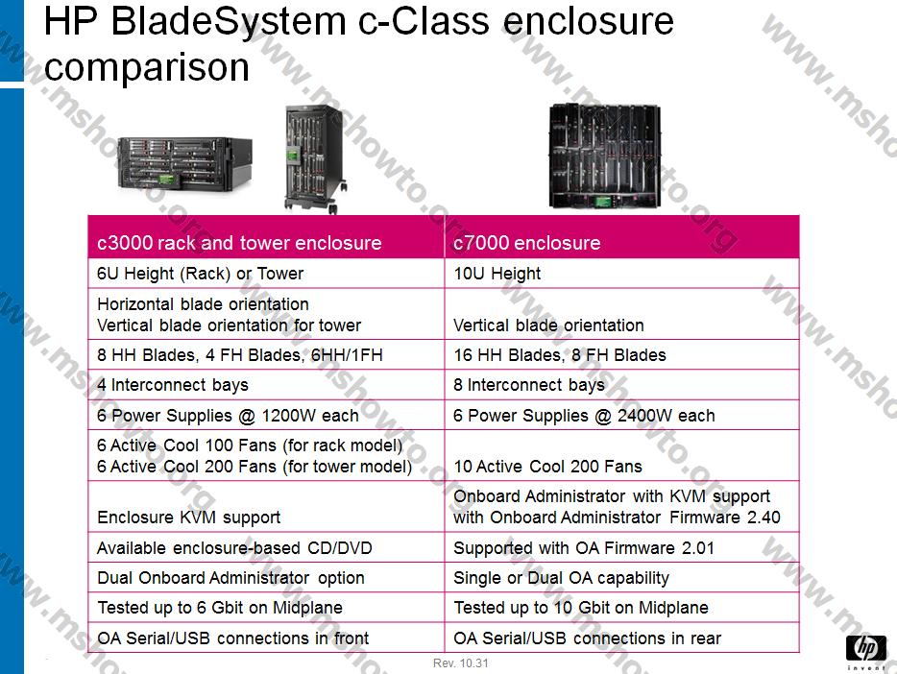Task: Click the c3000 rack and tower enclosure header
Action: pyautogui.click(x=239, y=243)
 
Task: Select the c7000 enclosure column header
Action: pyautogui.click(x=527, y=243)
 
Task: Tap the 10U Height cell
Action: pyautogui.click(x=497, y=274)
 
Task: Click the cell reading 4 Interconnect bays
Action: pyautogui.click(x=173, y=385)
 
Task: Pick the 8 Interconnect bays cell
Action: pyautogui.click(x=529, y=385)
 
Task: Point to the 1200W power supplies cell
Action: pyautogui.click(x=228, y=415)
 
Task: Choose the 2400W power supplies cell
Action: pyautogui.click(x=584, y=415)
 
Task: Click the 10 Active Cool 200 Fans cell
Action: pyautogui.click(x=548, y=466)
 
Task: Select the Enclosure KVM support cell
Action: pyautogui.click(x=189, y=517)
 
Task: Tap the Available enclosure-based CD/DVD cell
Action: pyautogui.click(x=234, y=547)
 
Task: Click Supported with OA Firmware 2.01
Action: pyautogui.click(x=584, y=547)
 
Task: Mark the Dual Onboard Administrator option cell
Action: pyautogui.click(x=230, y=577)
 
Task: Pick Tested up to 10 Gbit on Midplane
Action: pyautogui.click(x=581, y=607)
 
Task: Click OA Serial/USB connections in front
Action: pyautogui.click(x=232, y=638)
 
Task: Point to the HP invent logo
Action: pyautogui.click(x=866, y=651)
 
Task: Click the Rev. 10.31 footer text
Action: pyautogui.click(x=461, y=663)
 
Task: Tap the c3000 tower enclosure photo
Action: pyautogui.click(x=315, y=159)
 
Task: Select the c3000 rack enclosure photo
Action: pyautogui.click(x=184, y=164)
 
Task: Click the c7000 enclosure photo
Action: pyautogui.click(x=605, y=156)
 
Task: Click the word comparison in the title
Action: pyautogui.click(x=146, y=67)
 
